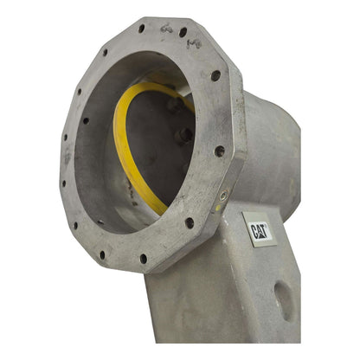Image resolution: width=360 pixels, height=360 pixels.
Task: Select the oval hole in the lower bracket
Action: point(284,301)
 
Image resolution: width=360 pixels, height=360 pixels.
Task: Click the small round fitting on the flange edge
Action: point(223,196)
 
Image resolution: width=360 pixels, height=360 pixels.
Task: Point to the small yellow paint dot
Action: point(218,208)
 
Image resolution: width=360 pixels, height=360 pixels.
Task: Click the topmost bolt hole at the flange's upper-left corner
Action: point(141,29)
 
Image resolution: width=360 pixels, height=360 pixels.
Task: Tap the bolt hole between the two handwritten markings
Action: point(183,32)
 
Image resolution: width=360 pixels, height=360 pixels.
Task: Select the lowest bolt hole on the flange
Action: point(144,259)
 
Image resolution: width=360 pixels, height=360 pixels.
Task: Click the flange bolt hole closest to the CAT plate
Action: point(190,222)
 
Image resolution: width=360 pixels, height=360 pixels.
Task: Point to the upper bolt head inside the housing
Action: point(176,104)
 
